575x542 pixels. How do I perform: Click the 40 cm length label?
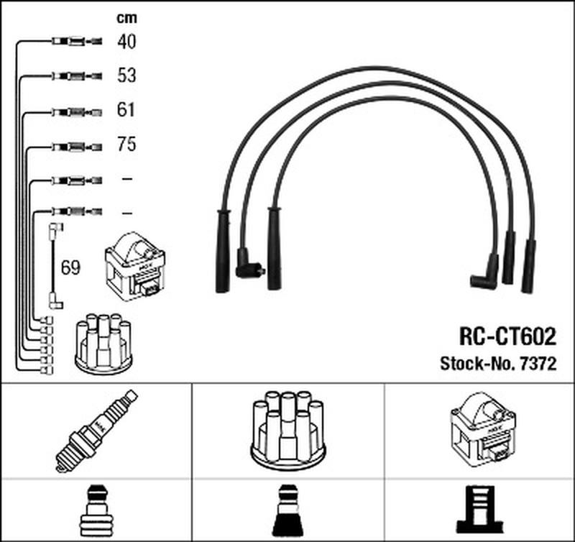tap(126, 42)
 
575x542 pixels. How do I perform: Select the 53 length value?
tap(126, 75)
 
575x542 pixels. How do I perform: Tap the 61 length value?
tap(126, 110)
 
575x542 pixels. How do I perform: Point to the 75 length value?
tap(126, 144)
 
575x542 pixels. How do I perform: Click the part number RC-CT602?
tap(507, 337)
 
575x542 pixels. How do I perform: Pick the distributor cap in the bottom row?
tap(287, 428)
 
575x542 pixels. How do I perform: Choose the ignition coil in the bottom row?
tap(481, 428)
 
